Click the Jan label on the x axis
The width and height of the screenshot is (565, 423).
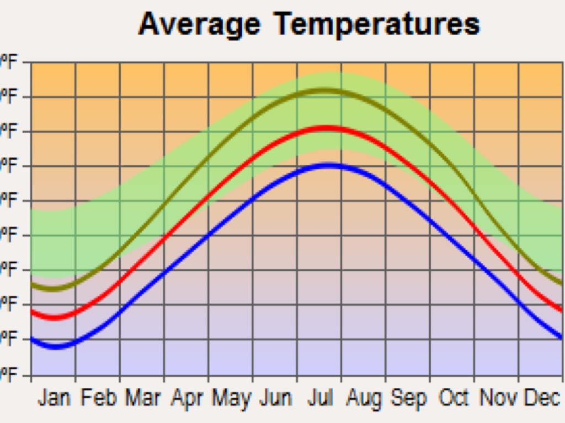pos(55,398)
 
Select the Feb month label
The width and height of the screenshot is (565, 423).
pos(99,398)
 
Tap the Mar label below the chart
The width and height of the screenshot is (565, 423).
pos(143,398)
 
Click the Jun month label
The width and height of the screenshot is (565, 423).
pos(275,398)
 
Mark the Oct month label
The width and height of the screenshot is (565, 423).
pos(452,398)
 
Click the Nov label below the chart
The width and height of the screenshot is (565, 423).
pos(497,398)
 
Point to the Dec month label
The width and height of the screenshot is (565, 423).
pos(541,398)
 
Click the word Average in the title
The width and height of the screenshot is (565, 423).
pos(199,24)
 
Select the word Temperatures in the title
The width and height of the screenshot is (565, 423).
pos(377,25)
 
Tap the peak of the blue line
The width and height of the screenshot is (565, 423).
pos(330,165)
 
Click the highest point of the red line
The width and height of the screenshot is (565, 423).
pos(327,128)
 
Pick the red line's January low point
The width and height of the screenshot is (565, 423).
pos(55,318)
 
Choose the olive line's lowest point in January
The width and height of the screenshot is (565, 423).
pos(53,289)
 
